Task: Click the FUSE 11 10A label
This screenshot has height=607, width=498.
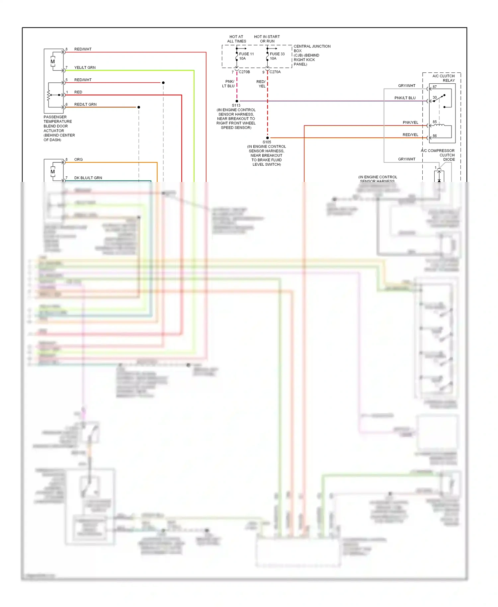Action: tap(246, 56)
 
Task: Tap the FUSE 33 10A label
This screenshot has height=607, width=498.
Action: tap(277, 56)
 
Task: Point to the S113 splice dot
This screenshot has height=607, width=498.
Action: tap(237, 101)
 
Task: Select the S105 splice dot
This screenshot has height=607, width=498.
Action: tap(267, 138)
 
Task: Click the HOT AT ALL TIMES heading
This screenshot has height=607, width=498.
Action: tap(236, 39)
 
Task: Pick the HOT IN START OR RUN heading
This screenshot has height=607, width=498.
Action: tap(267, 39)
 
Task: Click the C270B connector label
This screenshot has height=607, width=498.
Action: tap(244, 72)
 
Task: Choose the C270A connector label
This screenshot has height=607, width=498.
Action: tap(275, 72)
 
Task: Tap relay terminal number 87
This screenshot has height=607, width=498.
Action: tap(435, 87)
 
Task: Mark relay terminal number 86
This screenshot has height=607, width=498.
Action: tap(435, 136)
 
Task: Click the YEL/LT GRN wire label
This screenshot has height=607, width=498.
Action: tap(85, 68)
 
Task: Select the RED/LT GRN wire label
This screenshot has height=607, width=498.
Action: tap(85, 105)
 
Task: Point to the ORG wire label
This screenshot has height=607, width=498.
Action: tap(78, 160)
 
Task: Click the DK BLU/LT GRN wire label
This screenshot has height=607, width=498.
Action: tap(88, 178)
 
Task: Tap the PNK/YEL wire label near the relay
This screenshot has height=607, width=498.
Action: tap(410, 123)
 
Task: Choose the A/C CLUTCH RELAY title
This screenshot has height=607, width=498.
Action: tap(444, 78)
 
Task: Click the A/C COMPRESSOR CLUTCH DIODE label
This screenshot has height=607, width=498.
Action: tap(438, 155)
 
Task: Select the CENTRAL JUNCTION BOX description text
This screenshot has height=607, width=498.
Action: tap(311, 55)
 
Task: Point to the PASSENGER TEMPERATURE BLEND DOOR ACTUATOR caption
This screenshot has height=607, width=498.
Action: tap(59, 129)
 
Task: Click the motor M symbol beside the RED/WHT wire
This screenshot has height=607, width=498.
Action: tap(52, 62)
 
